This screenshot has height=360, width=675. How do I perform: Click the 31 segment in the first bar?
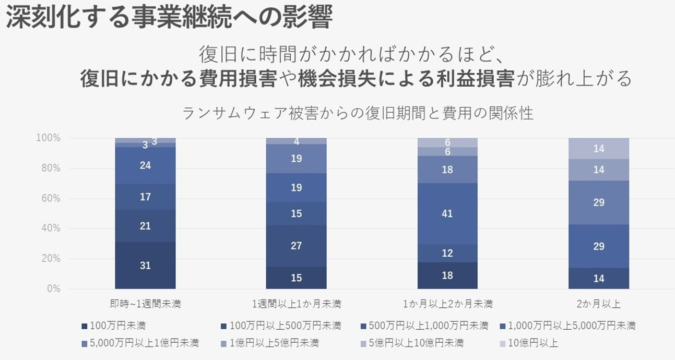[x=145, y=265]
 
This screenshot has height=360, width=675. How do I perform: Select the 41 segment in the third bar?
[x=447, y=213]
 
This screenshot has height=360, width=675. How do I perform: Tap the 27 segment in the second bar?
[x=296, y=246]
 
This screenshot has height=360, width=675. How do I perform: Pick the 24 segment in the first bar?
[x=145, y=165]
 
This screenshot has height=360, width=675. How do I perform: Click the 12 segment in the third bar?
[x=447, y=253]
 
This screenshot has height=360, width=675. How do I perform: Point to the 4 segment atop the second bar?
[x=296, y=141]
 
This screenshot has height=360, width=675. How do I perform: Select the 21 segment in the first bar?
[x=145, y=226]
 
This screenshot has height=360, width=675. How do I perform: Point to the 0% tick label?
[x=53, y=289]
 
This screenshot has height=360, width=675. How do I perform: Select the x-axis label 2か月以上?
[x=599, y=304]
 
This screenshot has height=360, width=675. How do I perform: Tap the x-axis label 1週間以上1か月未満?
[x=296, y=304]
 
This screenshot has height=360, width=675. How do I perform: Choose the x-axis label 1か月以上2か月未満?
[x=447, y=304]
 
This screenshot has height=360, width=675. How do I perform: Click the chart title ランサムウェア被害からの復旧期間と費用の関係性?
[x=358, y=113]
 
